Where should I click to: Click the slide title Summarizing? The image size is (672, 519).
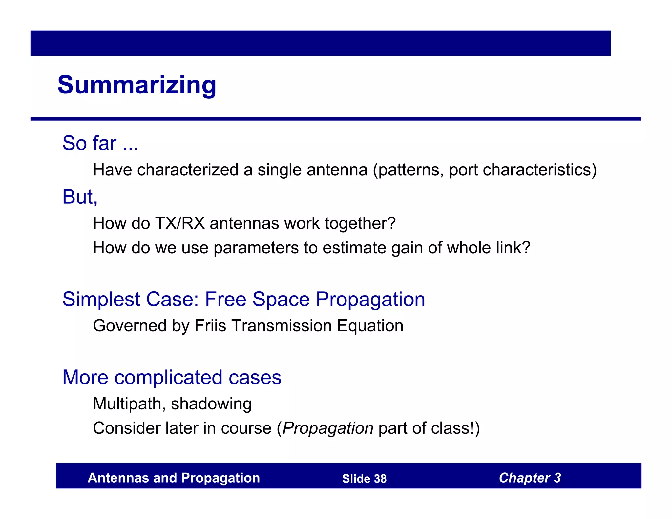pos(136,85)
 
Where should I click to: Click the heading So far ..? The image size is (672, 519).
pos(100,143)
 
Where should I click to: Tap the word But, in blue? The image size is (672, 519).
pos(80,197)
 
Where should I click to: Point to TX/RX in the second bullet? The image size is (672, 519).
pos(180,223)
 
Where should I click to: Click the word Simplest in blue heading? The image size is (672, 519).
pos(101,299)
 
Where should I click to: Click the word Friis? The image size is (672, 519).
pos(210,326)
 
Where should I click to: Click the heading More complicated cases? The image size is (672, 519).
pos(172,377)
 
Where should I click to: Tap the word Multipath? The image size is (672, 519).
pos(129,404)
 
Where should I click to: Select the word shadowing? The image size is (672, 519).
pos(211,404)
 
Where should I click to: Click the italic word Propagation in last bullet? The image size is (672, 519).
pos(328,428)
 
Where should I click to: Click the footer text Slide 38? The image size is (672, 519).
pos(364,479)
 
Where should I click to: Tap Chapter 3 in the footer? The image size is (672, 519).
pos(530,478)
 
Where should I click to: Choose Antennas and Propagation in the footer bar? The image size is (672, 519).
pos(174,478)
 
